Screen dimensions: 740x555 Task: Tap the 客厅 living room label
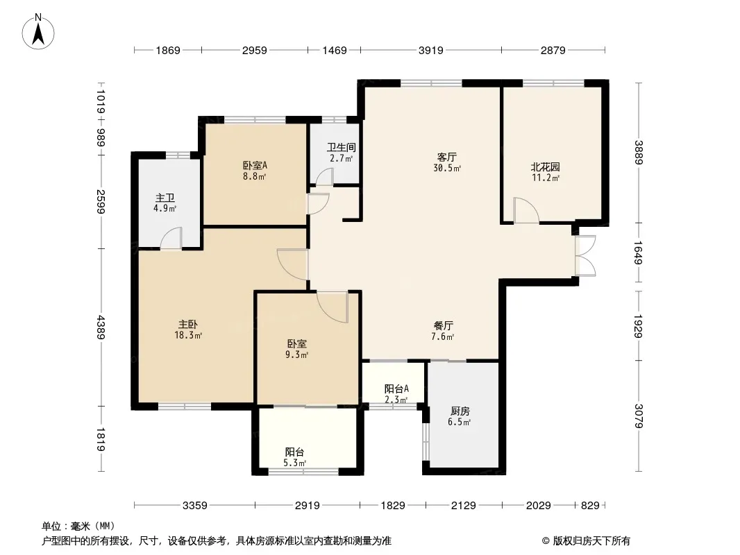[x=446, y=157]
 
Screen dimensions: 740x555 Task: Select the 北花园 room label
[x=546, y=167]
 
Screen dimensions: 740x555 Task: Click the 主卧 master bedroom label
[x=188, y=325]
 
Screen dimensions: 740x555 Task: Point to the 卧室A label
[x=255, y=166]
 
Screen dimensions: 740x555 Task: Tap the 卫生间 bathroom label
[x=342, y=148]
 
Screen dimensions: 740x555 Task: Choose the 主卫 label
[x=165, y=198]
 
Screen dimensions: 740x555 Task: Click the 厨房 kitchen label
[x=460, y=411]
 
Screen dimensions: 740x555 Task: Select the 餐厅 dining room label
[x=443, y=325]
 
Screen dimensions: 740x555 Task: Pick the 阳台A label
[x=396, y=389]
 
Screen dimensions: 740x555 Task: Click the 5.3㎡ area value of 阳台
[x=295, y=463]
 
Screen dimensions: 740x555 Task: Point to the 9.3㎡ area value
[x=296, y=355]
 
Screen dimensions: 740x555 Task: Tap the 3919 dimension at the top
[x=431, y=50]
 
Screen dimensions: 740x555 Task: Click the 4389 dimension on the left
[x=101, y=327]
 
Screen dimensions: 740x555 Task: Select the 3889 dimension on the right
[x=639, y=153]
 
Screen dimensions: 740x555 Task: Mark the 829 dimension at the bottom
[x=590, y=506]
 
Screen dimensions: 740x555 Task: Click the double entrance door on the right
[x=585, y=255]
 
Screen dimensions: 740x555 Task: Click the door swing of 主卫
[x=171, y=238]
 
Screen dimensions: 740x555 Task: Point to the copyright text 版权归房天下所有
[x=591, y=541]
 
